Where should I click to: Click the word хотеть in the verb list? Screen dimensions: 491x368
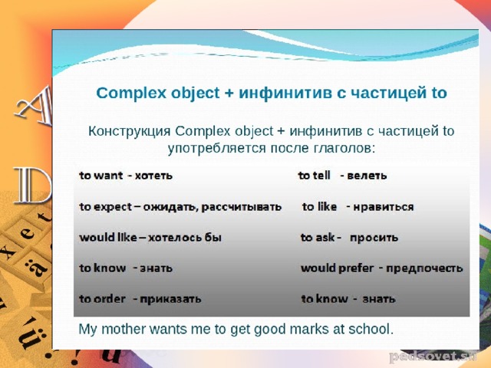pos(153,176)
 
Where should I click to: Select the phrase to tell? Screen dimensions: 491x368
pos(314,176)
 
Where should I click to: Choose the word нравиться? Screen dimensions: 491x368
pos(384,207)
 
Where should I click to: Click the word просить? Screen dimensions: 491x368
pos(374,238)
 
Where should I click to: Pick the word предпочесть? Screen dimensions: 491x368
pos(424,268)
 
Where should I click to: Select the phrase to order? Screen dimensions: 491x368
pos(102,299)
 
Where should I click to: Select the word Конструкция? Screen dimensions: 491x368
pos(130,131)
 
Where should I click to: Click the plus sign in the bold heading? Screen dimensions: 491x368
pos(229,94)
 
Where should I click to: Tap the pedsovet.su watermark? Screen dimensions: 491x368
pos(433,356)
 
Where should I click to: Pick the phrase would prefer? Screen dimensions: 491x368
pos(338,268)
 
